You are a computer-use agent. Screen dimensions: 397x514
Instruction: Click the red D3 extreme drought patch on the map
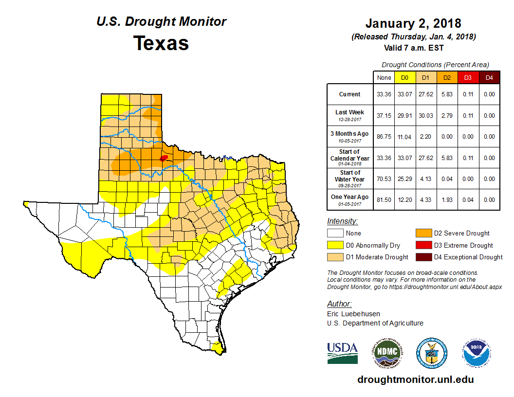(x=164, y=158)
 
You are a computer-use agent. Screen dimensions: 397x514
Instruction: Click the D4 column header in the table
(x=489, y=78)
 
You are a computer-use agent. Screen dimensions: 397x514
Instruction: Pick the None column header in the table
(x=384, y=78)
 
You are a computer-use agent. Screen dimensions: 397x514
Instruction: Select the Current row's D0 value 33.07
(x=404, y=94)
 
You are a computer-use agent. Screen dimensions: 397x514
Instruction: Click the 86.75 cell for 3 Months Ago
(x=384, y=137)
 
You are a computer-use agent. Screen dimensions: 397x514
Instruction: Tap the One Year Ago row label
(x=349, y=197)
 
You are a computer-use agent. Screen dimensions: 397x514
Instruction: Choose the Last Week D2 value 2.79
(x=447, y=116)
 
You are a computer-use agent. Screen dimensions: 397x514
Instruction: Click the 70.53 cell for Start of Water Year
(x=384, y=179)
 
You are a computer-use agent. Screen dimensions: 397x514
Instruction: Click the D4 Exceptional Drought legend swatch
(x=422, y=257)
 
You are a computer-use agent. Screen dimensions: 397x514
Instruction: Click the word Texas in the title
(x=161, y=43)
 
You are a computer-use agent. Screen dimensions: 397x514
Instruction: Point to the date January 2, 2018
(x=413, y=23)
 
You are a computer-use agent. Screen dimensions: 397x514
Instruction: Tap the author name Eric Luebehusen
(x=353, y=314)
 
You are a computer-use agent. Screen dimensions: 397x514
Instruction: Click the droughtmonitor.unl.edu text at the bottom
(x=415, y=379)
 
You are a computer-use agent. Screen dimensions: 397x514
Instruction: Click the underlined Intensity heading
(x=342, y=221)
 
